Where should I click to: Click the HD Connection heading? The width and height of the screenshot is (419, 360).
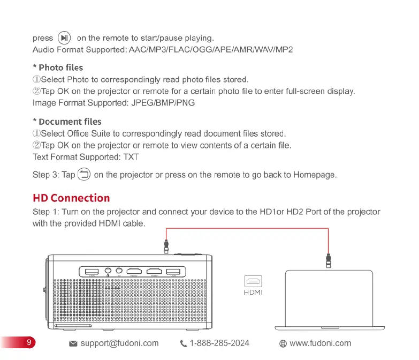[x=71, y=198]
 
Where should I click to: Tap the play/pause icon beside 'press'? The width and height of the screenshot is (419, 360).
[x=64, y=38]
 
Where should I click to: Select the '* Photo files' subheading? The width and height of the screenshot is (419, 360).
[x=58, y=67]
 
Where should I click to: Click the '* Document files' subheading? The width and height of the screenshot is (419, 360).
[x=67, y=122]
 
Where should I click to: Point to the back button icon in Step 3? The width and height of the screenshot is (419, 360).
[x=85, y=174]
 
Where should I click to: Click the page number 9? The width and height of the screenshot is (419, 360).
[x=20, y=343]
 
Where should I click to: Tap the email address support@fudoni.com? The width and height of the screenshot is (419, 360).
[x=119, y=343]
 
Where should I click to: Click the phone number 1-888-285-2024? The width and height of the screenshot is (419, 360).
[x=219, y=343]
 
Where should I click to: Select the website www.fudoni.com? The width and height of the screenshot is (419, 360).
[x=320, y=343]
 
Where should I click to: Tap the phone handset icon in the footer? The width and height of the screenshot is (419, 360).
[x=184, y=344]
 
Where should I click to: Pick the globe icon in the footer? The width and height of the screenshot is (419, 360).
[x=283, y=344]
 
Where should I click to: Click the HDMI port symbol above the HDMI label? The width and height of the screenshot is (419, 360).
[x=253, y=280]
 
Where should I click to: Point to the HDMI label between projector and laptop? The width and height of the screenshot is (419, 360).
[x=253, y=292]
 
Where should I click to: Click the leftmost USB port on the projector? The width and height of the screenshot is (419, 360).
[x=92, y=272]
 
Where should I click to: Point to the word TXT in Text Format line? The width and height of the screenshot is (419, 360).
[x=131, y=157]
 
